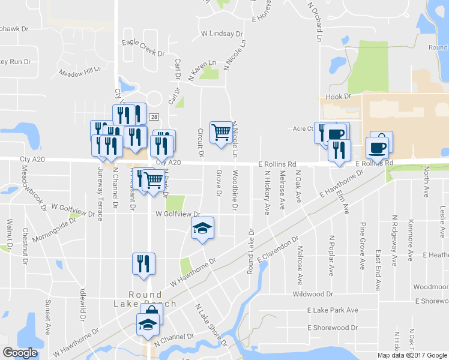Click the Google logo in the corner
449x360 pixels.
(20, 353)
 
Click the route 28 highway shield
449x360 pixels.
(154, 117)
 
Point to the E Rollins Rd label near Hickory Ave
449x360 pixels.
(277, 164)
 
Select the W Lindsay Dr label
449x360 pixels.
(222, 34)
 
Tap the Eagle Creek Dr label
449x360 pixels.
(143, 47)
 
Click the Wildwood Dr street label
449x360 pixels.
(312, 294)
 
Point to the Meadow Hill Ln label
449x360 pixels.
(79, 73)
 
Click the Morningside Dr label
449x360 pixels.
(56, 220)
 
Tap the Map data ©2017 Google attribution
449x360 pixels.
(411, 355)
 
